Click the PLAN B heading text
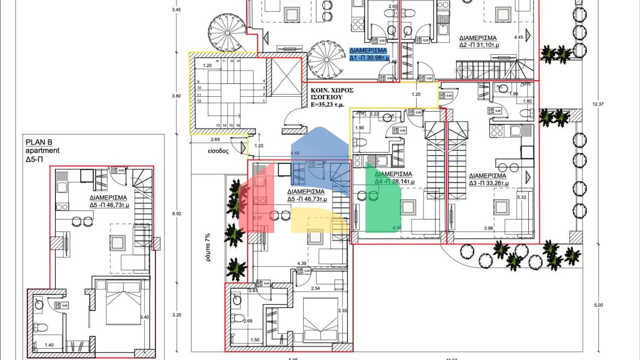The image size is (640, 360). pos(39,142)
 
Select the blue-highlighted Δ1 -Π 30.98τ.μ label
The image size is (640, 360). pos(369,57)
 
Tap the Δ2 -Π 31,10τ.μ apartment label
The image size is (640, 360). pos(479,45)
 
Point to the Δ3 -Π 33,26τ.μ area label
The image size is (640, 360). pos(488,183)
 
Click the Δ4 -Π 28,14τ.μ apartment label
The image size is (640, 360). pos(394,181)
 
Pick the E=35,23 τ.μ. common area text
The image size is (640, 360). pos(332,105)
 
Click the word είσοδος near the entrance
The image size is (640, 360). pos(218,151)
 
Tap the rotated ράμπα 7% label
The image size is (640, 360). pos(207,247)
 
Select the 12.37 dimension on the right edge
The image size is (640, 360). pos(598,104)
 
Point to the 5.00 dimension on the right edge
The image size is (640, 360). pos(598,305)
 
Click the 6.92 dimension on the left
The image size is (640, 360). pos(177,214)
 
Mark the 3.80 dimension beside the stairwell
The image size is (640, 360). pos(176,96)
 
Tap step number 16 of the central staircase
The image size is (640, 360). pos(238,125)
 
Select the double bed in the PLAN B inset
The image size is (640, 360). pos(123,302)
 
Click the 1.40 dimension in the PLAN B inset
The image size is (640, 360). pos(49,345)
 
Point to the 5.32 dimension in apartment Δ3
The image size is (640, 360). pos(521,197)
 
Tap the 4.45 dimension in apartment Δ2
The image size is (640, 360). pos(518,37)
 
